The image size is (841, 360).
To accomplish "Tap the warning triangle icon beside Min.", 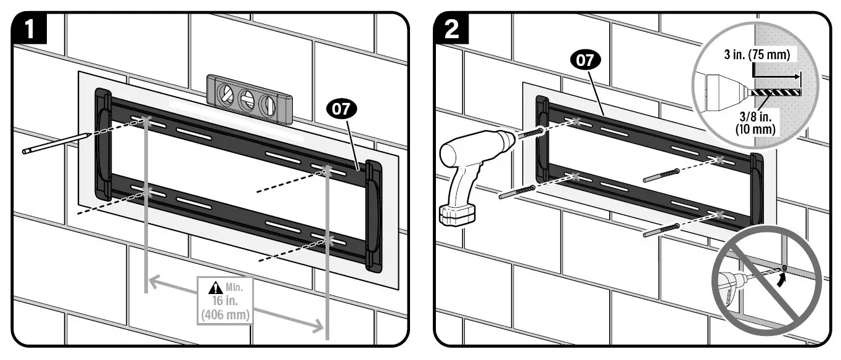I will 215,287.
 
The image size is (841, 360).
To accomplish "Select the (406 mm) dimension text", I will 225,314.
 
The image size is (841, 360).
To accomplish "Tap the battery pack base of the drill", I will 457,214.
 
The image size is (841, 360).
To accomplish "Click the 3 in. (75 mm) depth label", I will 756,55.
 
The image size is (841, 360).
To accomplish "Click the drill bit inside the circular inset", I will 773,91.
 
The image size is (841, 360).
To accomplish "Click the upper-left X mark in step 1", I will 146,119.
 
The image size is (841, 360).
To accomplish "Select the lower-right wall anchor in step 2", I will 662,230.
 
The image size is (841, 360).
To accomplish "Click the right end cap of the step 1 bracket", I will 374,216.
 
